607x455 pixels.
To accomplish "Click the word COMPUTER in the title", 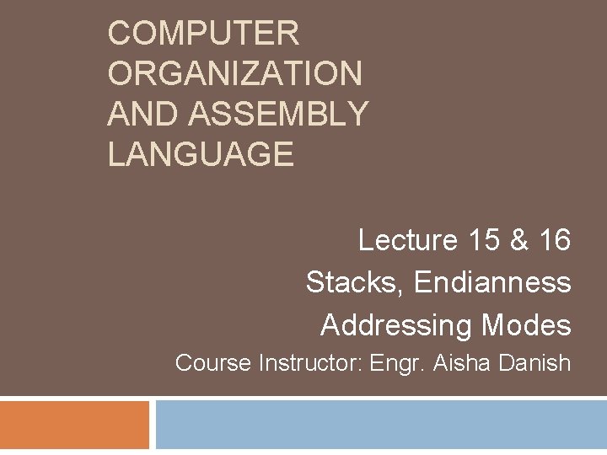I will [203, 34].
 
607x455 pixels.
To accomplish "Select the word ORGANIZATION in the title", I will [234, 74].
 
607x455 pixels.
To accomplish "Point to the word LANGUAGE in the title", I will [201, 154].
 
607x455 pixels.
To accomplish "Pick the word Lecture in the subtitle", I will [406, 240].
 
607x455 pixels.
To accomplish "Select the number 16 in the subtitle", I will [554, 240].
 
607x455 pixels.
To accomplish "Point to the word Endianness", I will [492, 282].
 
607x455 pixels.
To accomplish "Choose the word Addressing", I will [396, 324].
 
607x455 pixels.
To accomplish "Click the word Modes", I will [526, 324].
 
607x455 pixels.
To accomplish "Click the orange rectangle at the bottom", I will [74, 426].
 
